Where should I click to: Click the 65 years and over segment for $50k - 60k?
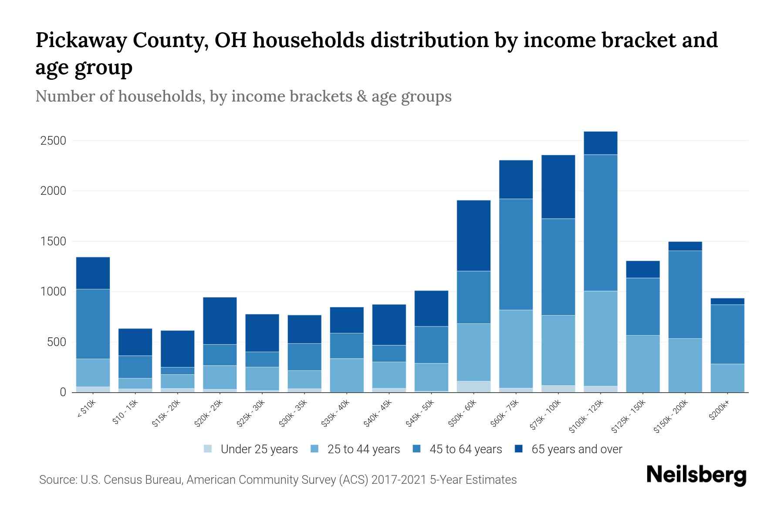pyautogui.click(x=473, y=235)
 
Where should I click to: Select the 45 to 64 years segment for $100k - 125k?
pyautogui.click(x=601, y=222)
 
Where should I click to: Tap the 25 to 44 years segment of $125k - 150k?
pyautogui.click(x=643, y=363)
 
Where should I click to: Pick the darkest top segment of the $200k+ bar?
pyautogui.click(x=727, y=301)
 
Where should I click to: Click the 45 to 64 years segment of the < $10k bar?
pyautogui.click(x=93, y=324)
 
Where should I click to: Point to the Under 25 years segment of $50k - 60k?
pyautogui.click(x=473, y=387)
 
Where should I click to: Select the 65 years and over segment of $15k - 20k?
pyautogui.click(x=178, y=349)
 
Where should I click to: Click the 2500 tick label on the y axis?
pyautogui.click(x=53, y=141)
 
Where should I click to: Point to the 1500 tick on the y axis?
pyautogui.click(x=53, y=241)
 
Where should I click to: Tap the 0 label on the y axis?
pyautogui.click(x=63, y=392)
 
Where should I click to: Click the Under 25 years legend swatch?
pyautogui.click(x=208, y=449)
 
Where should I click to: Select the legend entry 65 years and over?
pyautogui.click(x=577, y=449)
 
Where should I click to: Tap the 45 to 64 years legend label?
pyautogui.click(x=466, y=449)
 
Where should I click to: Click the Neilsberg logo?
pyautogui.click(x=696, y=475)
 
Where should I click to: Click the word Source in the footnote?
pyautogui.click(x=57, y=480)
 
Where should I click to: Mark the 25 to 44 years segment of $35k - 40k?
pyautogui.click(x=347, y=375)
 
